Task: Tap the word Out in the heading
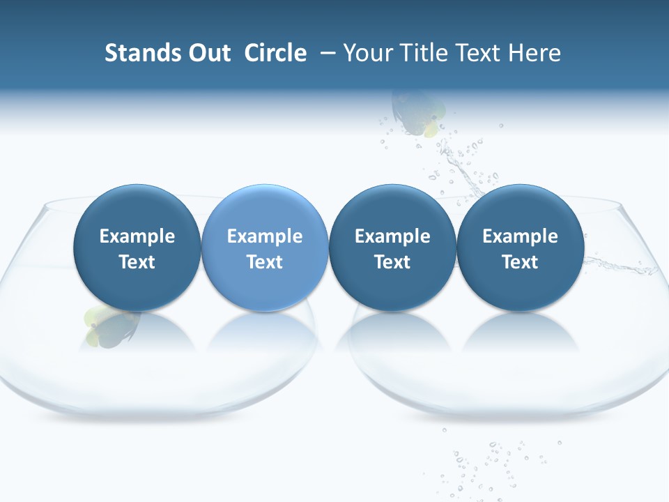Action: tap(207, 53)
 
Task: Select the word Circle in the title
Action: tap(275, 53)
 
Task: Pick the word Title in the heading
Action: tap(424, 53)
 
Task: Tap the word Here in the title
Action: tap(536, 53)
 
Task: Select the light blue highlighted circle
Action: tap(265, 248)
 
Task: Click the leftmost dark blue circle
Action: tap(137, 248)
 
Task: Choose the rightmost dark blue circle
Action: tap(520, 248)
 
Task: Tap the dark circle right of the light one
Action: tap(392, 248)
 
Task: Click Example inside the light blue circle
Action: tap(265, 236)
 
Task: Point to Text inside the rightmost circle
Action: tap(520, 262)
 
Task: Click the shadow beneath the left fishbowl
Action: tap(157, 418)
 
